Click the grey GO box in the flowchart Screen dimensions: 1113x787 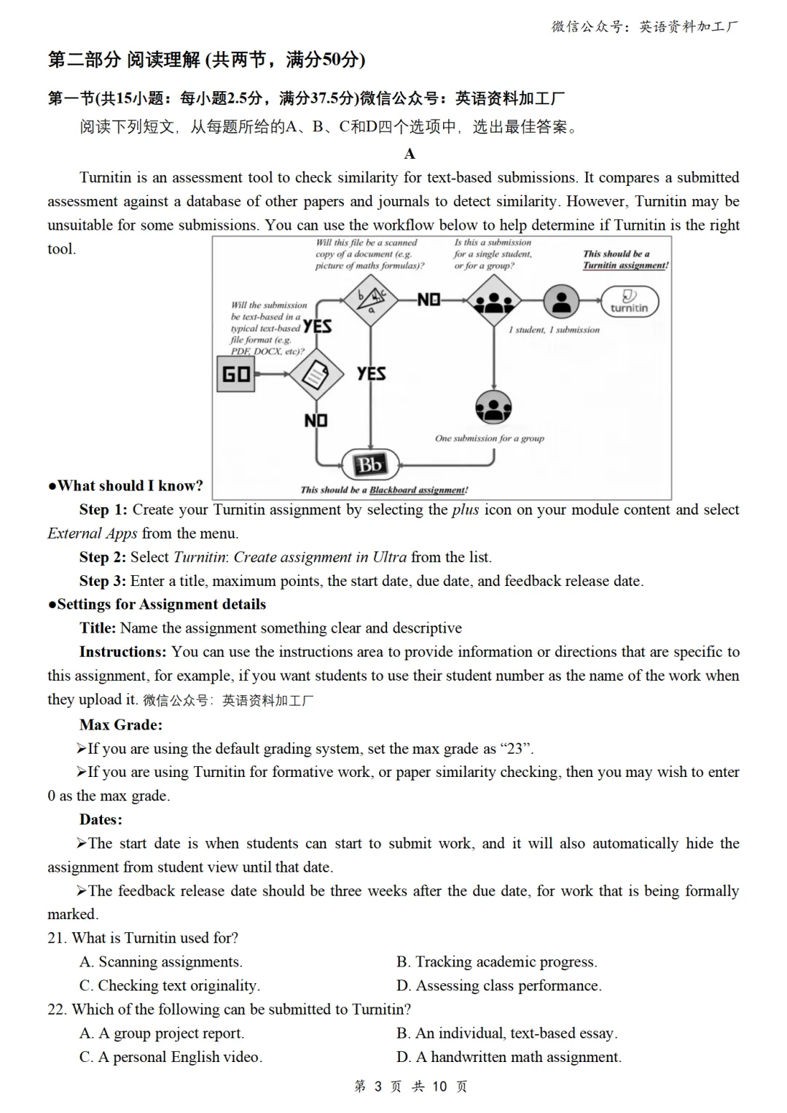coord(236,374)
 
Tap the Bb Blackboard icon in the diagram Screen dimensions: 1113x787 coord(370,464)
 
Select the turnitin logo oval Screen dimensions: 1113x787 coord(629,301)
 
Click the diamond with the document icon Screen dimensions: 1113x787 coord(316,375)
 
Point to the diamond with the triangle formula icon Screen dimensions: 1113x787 coord(371,300)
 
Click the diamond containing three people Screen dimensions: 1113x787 coord(494,301)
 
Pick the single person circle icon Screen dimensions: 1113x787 coord(561,301)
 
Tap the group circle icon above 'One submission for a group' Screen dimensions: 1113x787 coord(493,407)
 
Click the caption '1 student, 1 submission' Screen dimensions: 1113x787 coord(554,330)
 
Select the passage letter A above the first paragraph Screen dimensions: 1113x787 coord(410,154)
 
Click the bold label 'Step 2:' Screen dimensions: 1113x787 coord(103,558)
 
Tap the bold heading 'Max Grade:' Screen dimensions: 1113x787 coord(121,725)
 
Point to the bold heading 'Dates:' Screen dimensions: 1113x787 coord(101,819)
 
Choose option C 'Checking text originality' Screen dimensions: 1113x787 coord(170,985)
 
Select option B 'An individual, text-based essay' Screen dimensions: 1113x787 coord(507,1033)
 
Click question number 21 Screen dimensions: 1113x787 coord(56,938)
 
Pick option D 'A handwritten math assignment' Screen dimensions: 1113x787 coord(509,1057)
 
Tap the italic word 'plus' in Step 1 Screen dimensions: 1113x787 coord(466,509)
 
